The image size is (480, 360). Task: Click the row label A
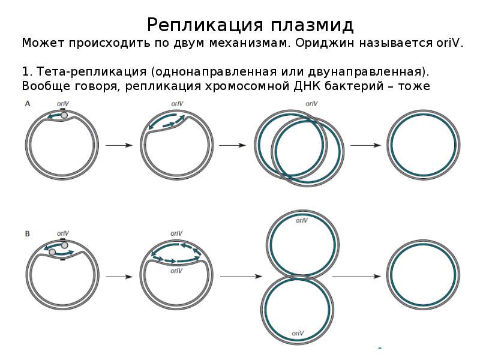point(27,104)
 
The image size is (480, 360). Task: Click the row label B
point(27,232)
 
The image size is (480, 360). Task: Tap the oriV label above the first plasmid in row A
point(62,104)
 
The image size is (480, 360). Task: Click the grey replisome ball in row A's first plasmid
point(65,115)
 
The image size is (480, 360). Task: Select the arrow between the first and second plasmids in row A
point(119,145)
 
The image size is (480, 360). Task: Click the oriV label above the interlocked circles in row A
point(311,104)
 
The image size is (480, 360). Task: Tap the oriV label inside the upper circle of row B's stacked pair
point(302,221)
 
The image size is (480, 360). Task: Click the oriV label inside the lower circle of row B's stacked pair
point(298,333)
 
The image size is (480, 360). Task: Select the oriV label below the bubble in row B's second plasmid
point(176,271)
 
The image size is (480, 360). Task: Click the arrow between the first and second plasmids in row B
point(119,276)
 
